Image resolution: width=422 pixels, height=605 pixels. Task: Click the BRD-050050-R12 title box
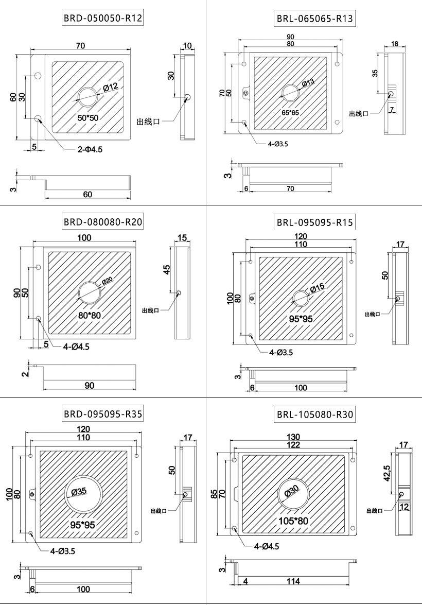click(102, 19)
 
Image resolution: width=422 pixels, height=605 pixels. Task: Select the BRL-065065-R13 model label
click(314, 20)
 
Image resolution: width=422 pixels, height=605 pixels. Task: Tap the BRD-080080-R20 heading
click(103, 222)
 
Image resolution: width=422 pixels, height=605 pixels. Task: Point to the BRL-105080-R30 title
click(315, 414)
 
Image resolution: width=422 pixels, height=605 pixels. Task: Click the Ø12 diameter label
click(111, 87)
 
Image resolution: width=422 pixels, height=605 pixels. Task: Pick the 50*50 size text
click(88, 118)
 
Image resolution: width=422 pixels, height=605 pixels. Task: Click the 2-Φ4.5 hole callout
click(90, 150)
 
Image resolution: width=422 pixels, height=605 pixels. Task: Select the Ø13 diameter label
click(308, 83)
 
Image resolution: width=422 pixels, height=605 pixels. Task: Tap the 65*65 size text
click(290, 112)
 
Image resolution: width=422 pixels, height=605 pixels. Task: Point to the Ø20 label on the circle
click(107, 281)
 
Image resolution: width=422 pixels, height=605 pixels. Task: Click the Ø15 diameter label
click(316, 289)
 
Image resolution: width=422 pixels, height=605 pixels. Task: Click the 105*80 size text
click(293, 521)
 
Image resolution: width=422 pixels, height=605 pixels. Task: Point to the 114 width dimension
click(294, 581)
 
